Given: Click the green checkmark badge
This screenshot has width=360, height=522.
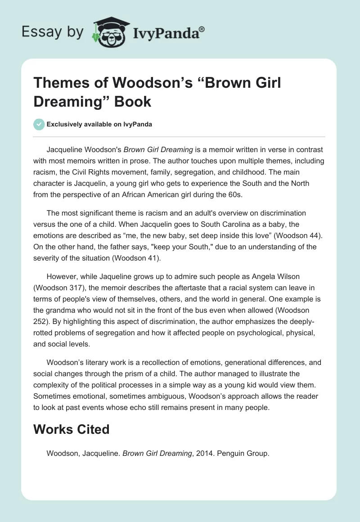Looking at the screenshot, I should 39,124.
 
